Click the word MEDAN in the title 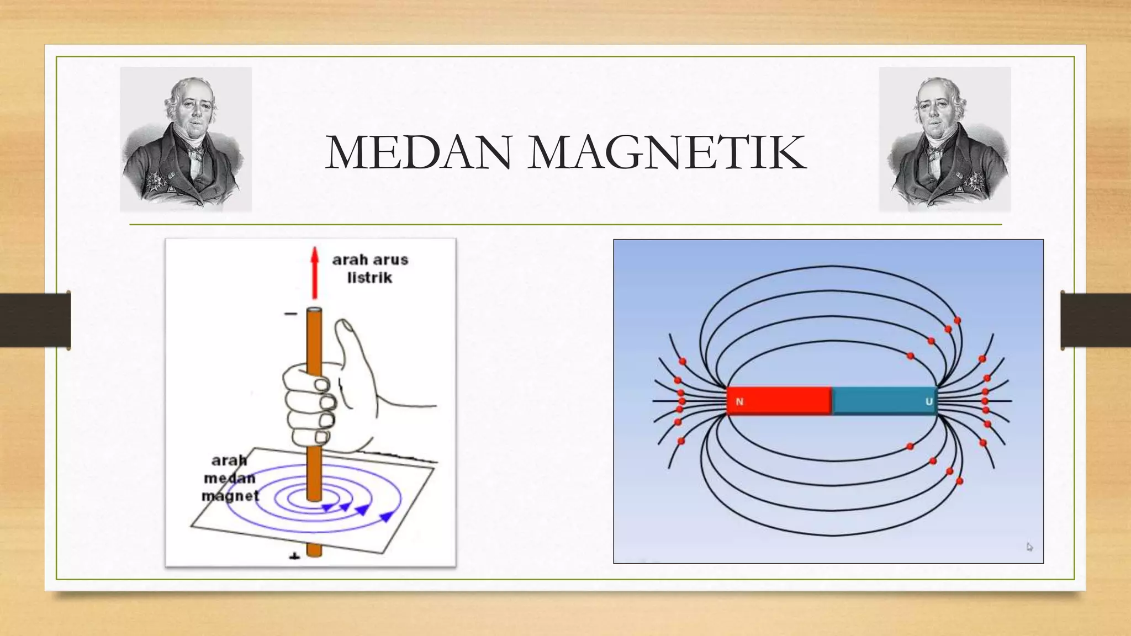[417, 153]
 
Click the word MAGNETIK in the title [667, 153]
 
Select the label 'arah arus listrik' [370, 268]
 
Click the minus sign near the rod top [291, 314]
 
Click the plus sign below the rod [294, 556]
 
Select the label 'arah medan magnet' [230, 478]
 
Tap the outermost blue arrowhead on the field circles [387, 516]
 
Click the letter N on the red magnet [739, 402]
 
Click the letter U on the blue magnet [929, 402]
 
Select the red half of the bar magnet [779, 401]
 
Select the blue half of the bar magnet [884, 401]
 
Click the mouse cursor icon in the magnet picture [1030, 547]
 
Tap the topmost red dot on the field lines [957, 320]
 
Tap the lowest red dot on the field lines [959, 481]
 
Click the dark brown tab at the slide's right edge [1096, 320]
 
